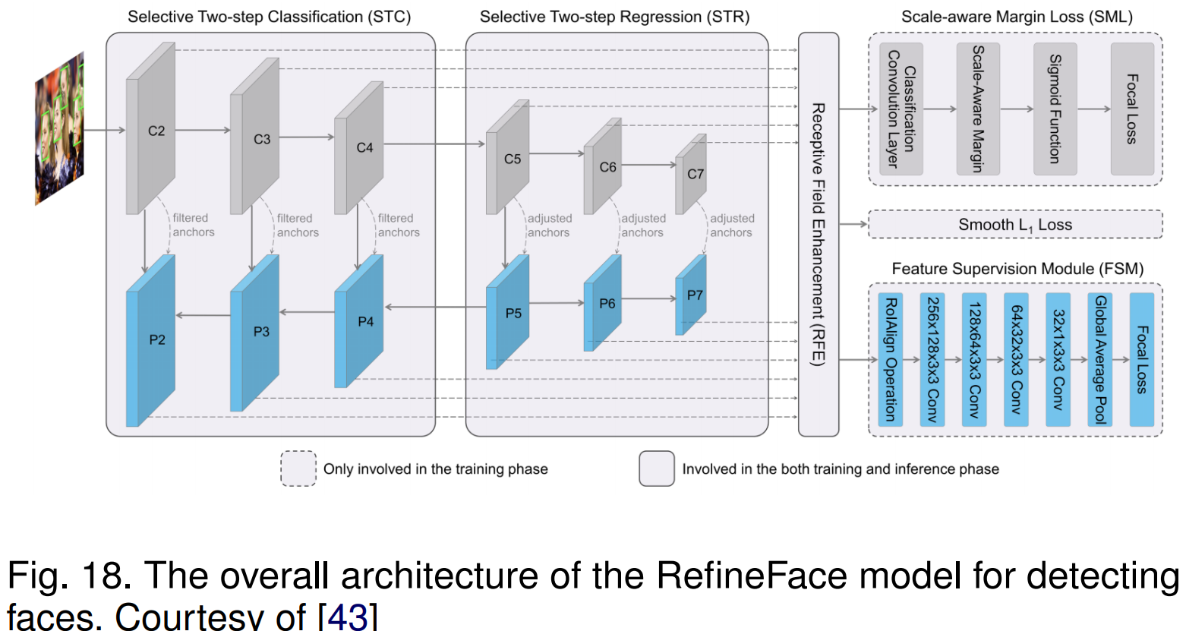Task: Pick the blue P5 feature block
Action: pyautogui.click(x=508, y=313)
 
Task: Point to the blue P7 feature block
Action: pyautogui.click(x=691, y=295)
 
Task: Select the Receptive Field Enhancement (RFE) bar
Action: pyautogui.click(x=818, y=234)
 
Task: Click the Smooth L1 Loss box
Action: pyautogui.click(x=1014, y=225)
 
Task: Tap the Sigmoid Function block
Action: pyautogui.click(x=1055, y=109)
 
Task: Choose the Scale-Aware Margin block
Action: pyautogui.click(x=978, y=109)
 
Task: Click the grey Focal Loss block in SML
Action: pyautogui.click(x=1131, y=109)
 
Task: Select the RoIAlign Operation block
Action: pyautogui.click(x=890, y=360)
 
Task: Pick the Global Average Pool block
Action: pyautogui.click(x=1099, y=360)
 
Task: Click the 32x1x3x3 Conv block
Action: pyautogui.click(x=1058, y=360)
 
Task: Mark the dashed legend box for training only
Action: pyautogui.click(x=298, y=469)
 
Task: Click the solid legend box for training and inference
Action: pyautogui.click(x=656, y=469)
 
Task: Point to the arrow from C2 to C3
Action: pyautogui.click(x=202, y=130)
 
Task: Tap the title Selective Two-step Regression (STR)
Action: pyautogui.click(x=614, y=17)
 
